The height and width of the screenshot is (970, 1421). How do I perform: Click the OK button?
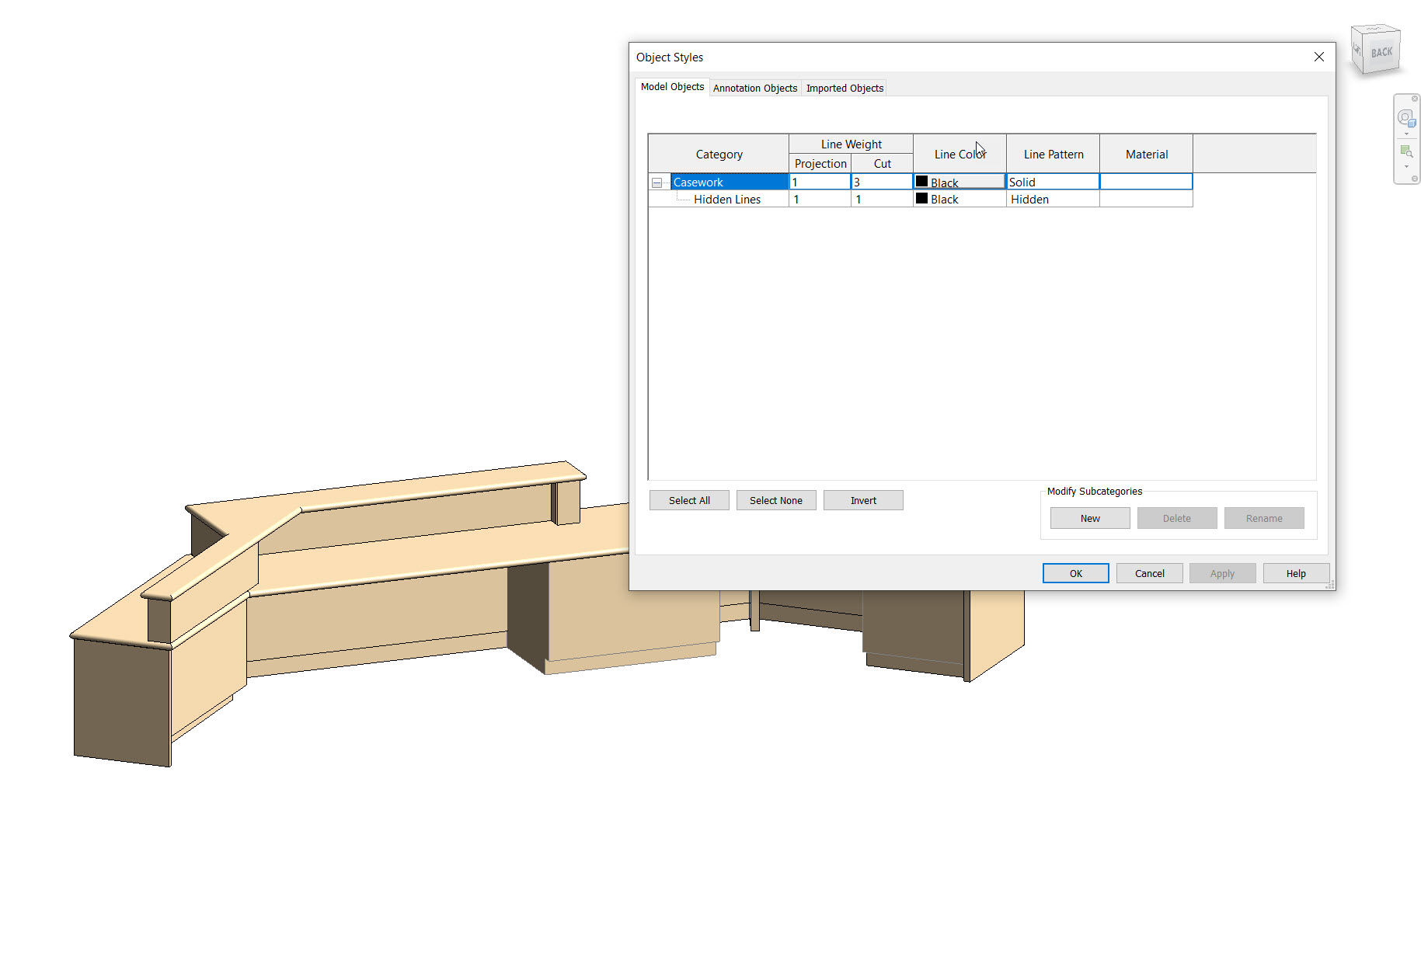point(1075,573)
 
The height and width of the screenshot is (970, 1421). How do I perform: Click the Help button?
point(1295,573)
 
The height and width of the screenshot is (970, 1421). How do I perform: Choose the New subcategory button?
point(1089,518)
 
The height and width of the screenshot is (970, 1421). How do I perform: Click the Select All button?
point(689,500)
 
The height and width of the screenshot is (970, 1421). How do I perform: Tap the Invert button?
point(862,500)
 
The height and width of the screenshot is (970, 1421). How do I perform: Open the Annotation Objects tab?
point(754,88)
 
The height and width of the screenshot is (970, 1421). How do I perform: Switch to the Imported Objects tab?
point(845,88)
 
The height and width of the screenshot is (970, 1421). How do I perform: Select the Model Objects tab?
point(672,87)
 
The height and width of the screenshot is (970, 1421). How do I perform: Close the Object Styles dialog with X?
point(1318,57)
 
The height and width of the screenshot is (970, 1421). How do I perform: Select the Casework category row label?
point(698,182)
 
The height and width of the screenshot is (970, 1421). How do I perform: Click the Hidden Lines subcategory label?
point(726,200)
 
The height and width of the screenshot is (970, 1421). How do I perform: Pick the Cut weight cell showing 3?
point(881,182)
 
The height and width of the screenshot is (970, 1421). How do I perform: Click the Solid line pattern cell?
point(1052,182)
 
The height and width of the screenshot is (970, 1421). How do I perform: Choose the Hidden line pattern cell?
point(1052,200)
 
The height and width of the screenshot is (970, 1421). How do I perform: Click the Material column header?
point(1146,154)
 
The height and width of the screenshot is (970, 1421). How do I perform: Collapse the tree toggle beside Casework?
point(657,183)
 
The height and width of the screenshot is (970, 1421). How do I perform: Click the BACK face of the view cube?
point(1381,53)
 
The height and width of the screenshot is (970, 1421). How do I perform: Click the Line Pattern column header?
point(1053,154)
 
